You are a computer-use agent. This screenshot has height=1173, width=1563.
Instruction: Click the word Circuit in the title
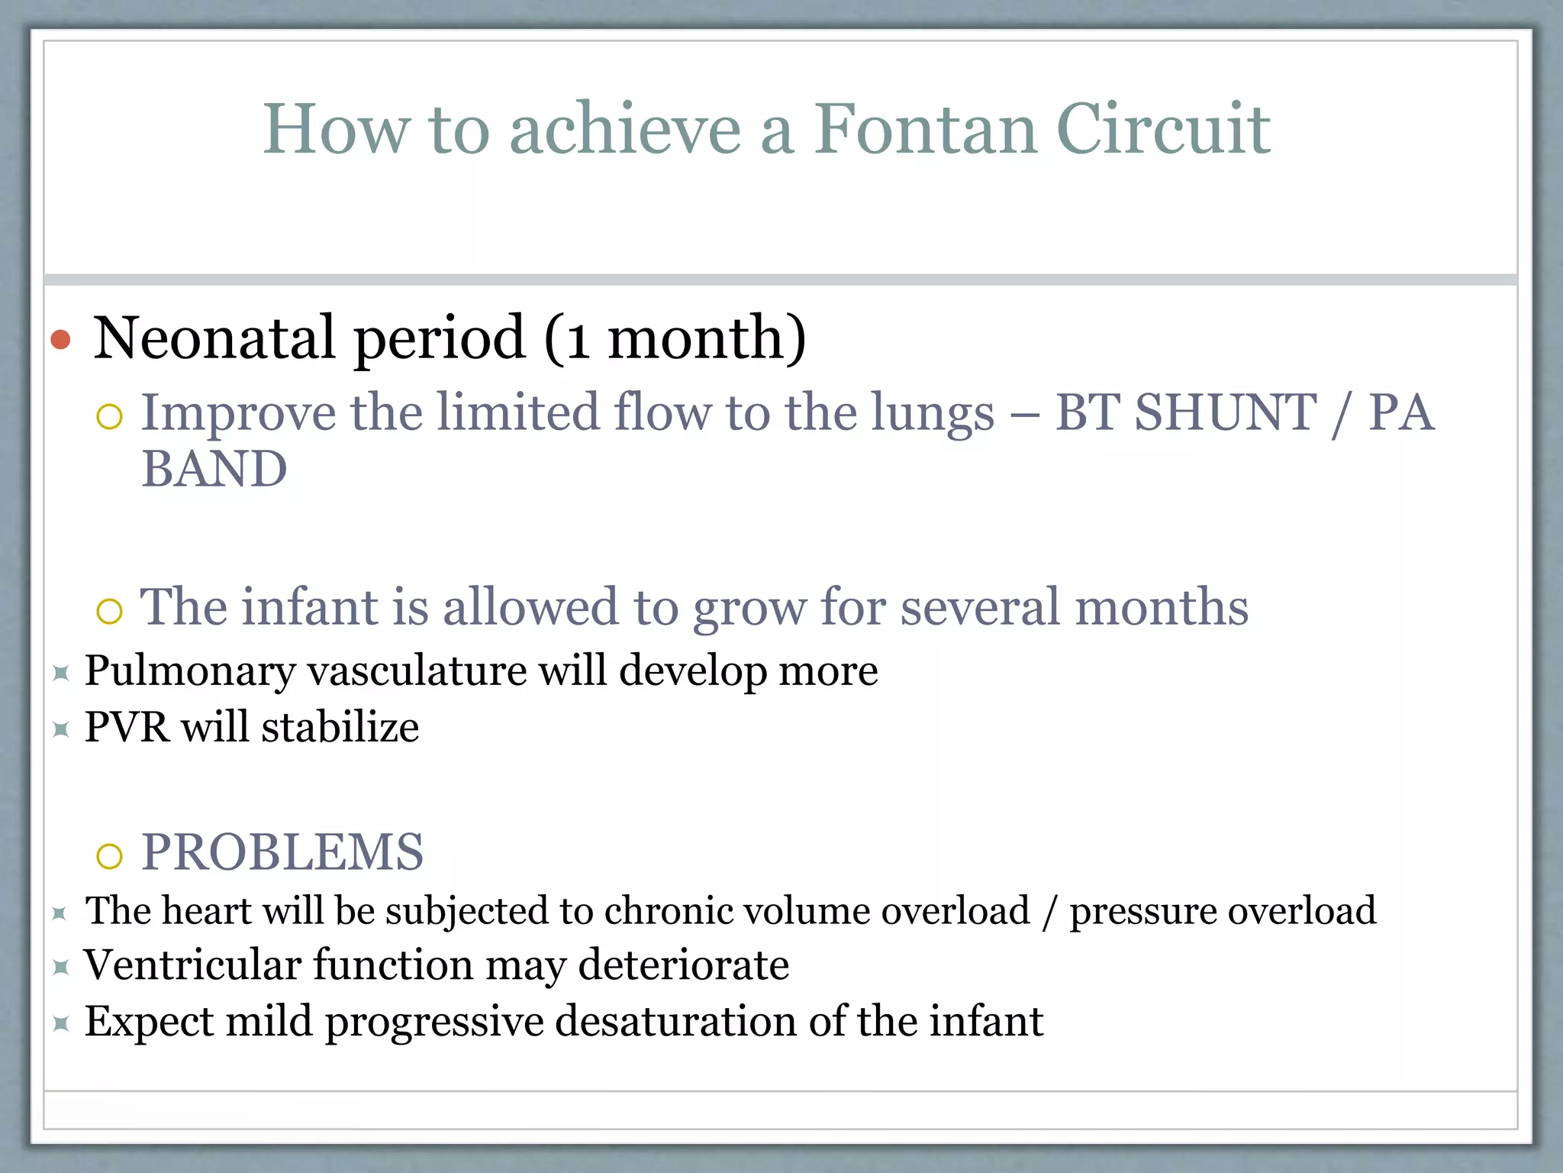1163,130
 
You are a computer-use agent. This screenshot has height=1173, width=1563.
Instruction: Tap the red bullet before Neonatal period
60,339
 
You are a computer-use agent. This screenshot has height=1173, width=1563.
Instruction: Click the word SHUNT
1226,413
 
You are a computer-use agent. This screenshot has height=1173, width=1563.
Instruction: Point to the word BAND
214,469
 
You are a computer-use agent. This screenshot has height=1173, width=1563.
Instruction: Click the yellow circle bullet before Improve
110,417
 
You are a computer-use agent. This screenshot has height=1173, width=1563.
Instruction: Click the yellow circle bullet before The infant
110,611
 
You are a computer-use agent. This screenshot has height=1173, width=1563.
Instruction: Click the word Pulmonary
189,672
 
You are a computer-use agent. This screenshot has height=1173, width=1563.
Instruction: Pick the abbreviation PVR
126,727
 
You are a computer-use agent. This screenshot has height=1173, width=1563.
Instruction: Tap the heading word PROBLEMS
282,852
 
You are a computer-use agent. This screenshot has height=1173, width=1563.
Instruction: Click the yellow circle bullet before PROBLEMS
110,856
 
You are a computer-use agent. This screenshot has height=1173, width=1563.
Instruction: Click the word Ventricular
192,965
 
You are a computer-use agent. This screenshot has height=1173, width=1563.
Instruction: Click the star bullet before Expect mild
61,1023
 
